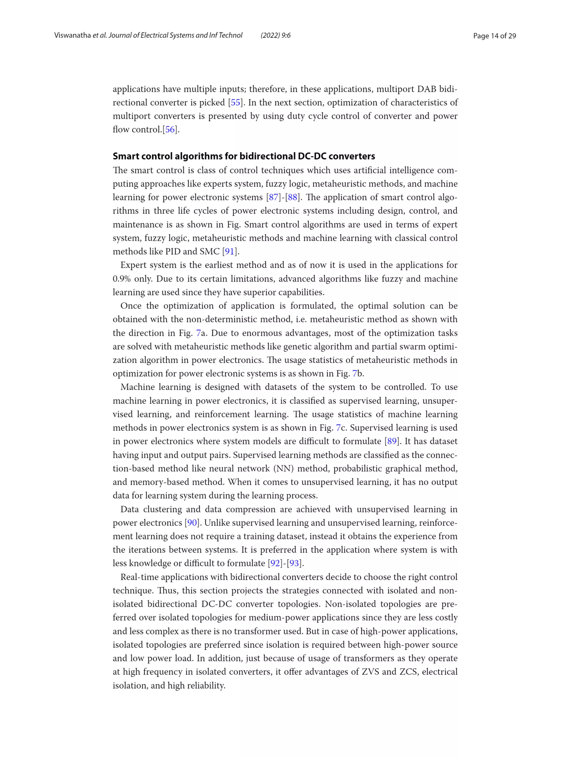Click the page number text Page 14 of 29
pos(494,36)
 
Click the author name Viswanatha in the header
pos(72,35)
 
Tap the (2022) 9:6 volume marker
pos(276,35)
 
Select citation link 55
pos(235,102)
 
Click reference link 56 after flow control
pos(170,129)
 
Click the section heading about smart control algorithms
pos(244,156)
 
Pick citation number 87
pos(273,197)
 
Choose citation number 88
pos(293,197)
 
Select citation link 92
pos(275,563)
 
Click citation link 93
pos(294,563)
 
